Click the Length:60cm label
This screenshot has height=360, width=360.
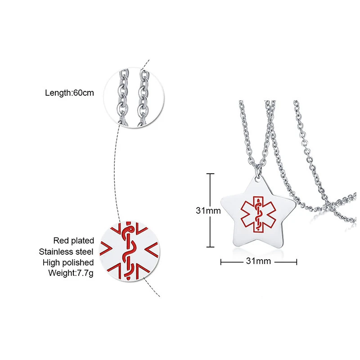pos(69,94)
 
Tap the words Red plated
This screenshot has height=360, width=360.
pos(73,241)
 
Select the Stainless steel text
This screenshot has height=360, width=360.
pos(66,252)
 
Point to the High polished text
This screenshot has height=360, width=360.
pos(68,262)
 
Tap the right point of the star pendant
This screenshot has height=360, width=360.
pos(295,202)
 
